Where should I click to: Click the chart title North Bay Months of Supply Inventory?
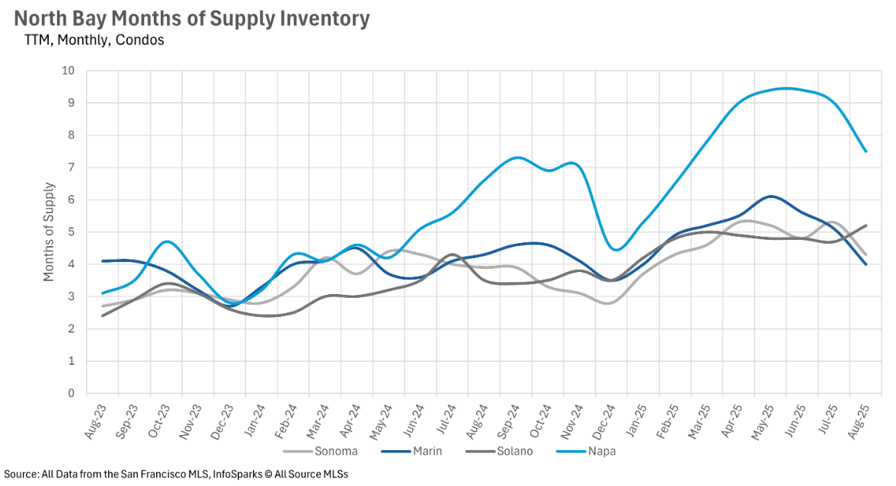pos(192,18)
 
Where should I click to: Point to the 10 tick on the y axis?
pos(69,71)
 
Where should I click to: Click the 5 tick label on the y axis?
pos(72,232)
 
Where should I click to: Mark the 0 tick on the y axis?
pos(72,394)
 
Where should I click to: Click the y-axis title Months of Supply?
pos(50,232)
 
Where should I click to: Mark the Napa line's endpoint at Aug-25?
pos(866,152)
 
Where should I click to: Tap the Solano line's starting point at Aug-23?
pos(103,315)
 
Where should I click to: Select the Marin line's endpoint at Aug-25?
pos(866,264)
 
